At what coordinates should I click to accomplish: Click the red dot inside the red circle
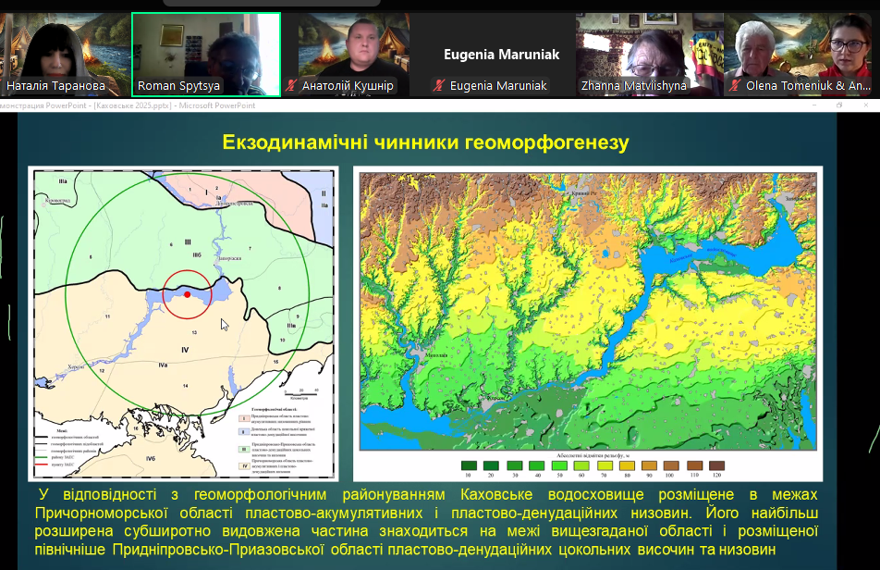pyautogui.click(x=187, y=294)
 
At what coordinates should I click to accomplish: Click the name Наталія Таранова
pyautogui.click(x=55, y=86)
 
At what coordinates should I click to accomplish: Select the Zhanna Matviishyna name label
pyautogui.click(x=633, y=86)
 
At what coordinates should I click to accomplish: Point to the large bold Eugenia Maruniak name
pyautogui.click(x=501, y=55)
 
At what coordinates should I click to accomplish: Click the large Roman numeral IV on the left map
pyautogui.click(x=185, y=349)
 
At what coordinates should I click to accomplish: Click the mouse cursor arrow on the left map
pyautogui.click(x=224, y=324)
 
